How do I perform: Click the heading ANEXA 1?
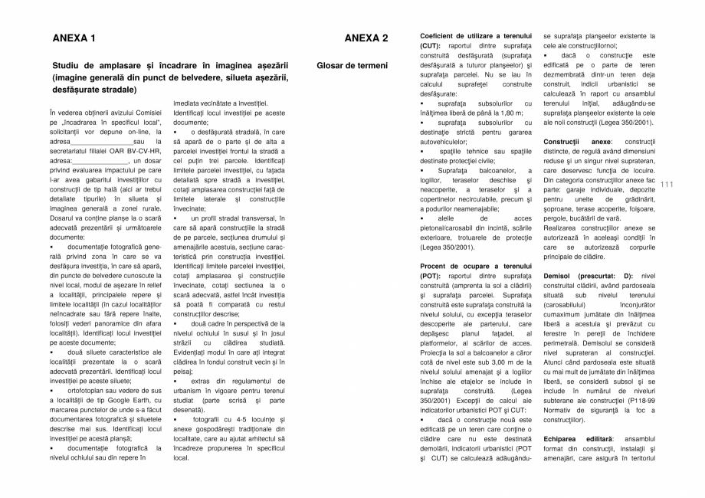tap(74, 38)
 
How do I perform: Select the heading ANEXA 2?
tap(366, 38)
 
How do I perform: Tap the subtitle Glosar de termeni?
tap(352, 66)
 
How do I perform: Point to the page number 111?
tap(665, 184)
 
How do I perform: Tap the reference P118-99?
tap(638, 400)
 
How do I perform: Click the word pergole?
tap(558, 218)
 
